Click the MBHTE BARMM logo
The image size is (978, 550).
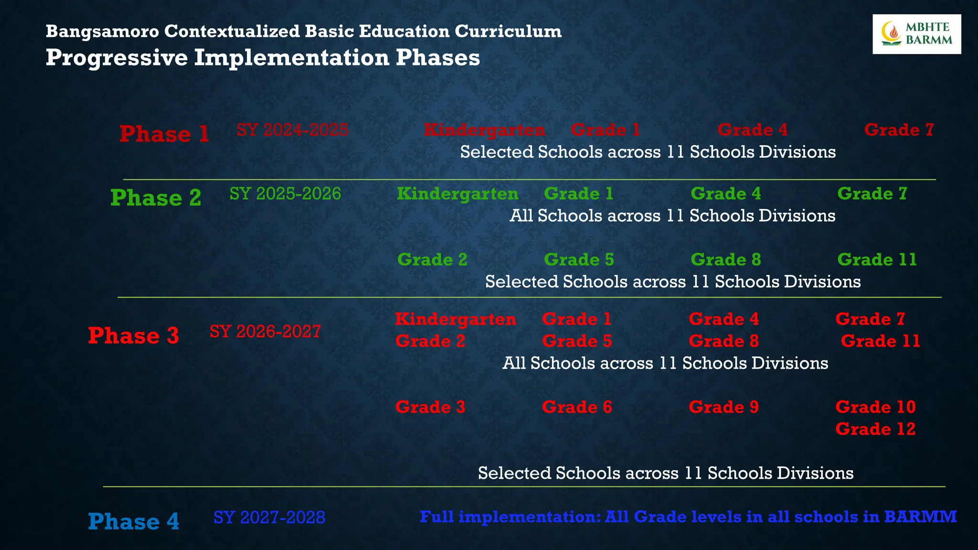[x=916, y=34]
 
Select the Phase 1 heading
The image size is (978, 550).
[x=164, y=134]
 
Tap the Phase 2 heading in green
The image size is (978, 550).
[x=156, y=198]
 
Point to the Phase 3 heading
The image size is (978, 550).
[x=133, y=336]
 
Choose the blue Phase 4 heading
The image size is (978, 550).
[x=133, y=521]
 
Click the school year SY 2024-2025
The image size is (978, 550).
[x=292, y=130]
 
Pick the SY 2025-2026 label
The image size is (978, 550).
[x=285, y=194]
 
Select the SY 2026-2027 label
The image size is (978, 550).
[x=265, y=331]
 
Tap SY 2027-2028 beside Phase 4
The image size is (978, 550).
[x=269, y=518]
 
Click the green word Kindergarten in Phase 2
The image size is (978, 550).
[x=457, y=194]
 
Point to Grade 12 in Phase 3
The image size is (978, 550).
[x=875, y=429]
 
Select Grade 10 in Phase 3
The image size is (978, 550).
[x=875, y=407]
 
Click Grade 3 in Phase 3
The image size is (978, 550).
[x=430, y=407]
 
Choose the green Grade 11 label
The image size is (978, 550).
[x=877, y=260]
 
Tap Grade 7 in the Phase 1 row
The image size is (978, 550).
[x=899, y=130]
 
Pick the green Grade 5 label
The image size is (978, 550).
[x=579, y=260]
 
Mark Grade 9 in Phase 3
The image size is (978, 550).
[x=723, y=407]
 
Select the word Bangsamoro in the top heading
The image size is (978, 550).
[x=102, y=32]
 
